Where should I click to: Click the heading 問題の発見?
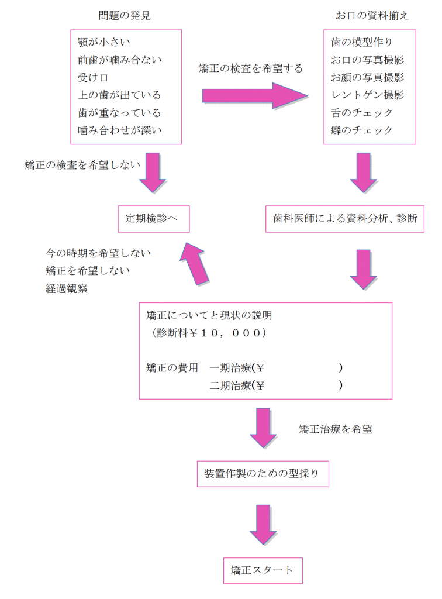(x=125, y=16)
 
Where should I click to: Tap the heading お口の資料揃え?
(x=372, y=16)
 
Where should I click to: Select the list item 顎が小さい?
(x=104, y=42)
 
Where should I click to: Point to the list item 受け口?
(x=93, y=78)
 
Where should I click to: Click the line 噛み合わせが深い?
(x=120, y=130)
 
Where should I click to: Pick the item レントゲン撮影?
(x=367, y=95)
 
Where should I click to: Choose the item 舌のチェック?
(x=362, y=113)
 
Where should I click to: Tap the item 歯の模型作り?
(x=361, y=42)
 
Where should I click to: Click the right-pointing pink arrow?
(x=255, y=95)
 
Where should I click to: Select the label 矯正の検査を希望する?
(x=250, y=68)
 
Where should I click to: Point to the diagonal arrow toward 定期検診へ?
(x=195, y=264)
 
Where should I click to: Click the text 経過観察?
(x=67, y=288)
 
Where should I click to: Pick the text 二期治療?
(x=230, y=385)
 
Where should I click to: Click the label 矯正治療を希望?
(x=335, y=429)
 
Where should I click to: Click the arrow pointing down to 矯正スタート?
(x=263, y=525)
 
